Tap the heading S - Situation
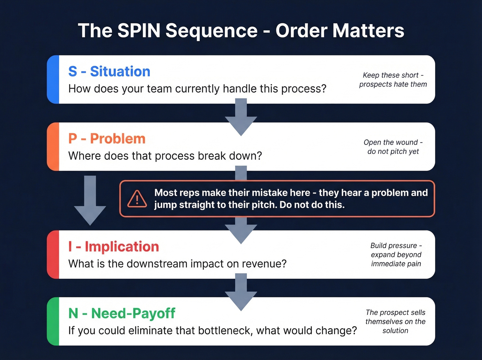click(x=109, y=72)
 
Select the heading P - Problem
click(x=107, y=139)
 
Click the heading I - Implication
click(x=114, y=247)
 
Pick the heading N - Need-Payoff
click(x=122, y=313)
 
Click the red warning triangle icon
click(x=137, y=199)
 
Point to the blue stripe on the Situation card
click(x=53, y=79)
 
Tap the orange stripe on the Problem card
click(x=53, y=146)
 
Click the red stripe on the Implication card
click(x=53, y=255)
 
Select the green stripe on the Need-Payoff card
click(x=53, y=321)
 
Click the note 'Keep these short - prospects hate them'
click(x=393, y=80)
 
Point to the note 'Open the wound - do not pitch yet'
click(x=393, y=147)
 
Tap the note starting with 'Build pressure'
click(x=396, y=255)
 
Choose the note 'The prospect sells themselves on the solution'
click(x=395, y=321)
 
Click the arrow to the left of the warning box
click(x=90, y=202)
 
